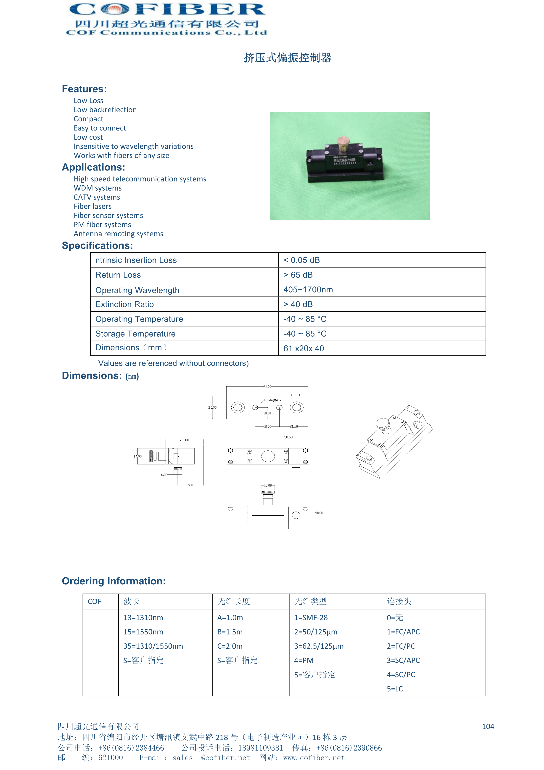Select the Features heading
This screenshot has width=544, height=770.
(84, 89)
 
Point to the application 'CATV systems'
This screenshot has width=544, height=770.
(97, 197)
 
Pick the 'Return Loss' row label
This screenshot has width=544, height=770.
(118, 275)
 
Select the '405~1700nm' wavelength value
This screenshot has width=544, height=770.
(308, 290)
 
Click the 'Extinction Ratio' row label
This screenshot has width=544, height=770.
(124, 304)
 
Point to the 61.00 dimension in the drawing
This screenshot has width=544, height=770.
(267, 387)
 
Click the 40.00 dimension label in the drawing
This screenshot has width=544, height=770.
(319, 513)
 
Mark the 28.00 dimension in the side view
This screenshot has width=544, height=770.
(184, 440)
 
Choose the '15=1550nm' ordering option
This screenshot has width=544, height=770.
(143, 632)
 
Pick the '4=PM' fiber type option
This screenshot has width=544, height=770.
(304, 660)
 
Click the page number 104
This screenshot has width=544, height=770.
(488, 726)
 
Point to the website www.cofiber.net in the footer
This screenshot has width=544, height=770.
(314, 758)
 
